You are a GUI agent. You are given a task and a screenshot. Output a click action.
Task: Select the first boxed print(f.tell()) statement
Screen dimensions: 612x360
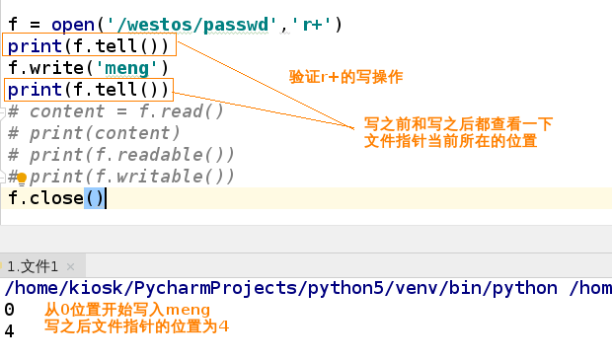pyautogui.click(x=91, y=45)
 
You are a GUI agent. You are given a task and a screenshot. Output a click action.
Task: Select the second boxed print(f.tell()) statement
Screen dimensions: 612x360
pyautogui.click(x=89, y=91)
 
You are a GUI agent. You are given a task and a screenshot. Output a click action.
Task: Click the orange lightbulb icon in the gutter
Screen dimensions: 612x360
pyautogui.click(x=21, y=179)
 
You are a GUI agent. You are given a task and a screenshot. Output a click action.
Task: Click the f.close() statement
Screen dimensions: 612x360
pyautogui.click(x=55, y=198)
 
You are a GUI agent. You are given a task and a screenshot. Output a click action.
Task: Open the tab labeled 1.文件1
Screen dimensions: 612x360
pyautogui.click(x=33, y=266)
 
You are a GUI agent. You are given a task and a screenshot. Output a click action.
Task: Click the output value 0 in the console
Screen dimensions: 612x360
pyautogui.click(x=9, y=310)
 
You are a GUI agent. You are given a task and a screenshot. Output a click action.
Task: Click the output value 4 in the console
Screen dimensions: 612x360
pyautogui.click(x=9, y=331)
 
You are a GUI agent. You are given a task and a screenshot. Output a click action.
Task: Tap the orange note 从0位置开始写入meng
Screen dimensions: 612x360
pyautogui.click(x=127, y=311)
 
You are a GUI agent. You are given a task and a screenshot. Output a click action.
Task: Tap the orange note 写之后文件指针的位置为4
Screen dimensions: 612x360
pyautogui.click(x=136, y=327)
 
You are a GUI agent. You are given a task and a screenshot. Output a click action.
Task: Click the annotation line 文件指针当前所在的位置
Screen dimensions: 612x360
pyautogui.click(x=449, y=142)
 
